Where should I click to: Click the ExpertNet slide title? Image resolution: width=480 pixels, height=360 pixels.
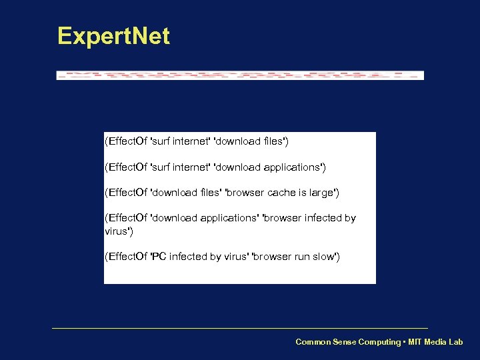click(113, 36)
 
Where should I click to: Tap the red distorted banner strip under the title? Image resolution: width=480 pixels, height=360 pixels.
click(240, 75)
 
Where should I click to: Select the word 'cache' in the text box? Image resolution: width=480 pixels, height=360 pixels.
click(281, 193)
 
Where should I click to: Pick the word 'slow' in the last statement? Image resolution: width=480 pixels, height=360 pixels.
click(325, 257)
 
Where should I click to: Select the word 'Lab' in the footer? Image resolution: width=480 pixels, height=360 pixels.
click(455, 342)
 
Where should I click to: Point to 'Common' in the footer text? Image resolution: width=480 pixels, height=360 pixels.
click(313, 342)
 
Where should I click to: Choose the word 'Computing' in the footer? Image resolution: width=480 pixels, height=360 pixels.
click(379, 342)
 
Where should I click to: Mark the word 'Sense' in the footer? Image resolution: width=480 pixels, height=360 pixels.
click(345, 342)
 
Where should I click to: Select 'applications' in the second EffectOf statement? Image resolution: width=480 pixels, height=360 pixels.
click(293, 167)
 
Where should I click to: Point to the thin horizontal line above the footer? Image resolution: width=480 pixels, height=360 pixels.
click(240, 328)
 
